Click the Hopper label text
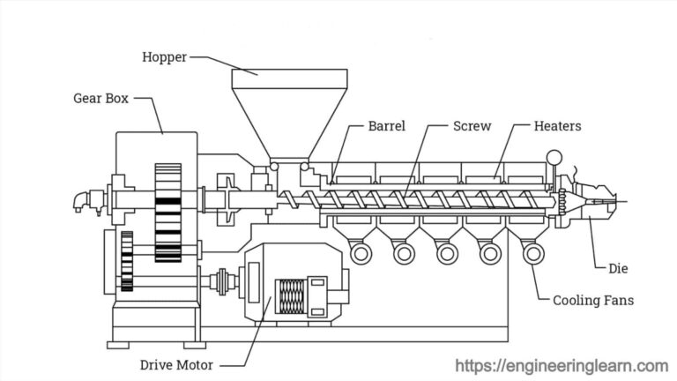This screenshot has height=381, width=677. point(163,57)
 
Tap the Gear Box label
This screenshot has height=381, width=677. point(100,99)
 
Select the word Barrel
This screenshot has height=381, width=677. point(387,126)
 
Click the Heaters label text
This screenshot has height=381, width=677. point(557,126)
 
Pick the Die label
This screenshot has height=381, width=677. point(619,268)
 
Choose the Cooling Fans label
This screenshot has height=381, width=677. point(592,301)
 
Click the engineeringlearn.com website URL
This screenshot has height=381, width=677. point(562,365)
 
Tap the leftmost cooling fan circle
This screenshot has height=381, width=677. point(361,254)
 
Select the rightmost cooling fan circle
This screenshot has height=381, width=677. point(532,254)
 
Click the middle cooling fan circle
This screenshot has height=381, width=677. point(447,254)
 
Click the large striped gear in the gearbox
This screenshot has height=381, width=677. point(167,212)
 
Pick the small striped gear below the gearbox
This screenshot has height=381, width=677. point(127,261)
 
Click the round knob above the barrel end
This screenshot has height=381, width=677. point(554,158)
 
